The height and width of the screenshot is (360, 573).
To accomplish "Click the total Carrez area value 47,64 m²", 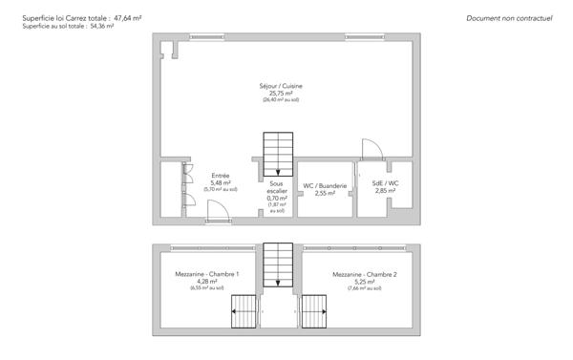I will coord(127,17).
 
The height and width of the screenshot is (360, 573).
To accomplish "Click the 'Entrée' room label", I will coord(220,176).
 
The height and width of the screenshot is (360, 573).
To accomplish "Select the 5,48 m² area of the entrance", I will coord(220,182).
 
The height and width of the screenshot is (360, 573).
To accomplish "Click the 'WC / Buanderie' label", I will coord(325,185).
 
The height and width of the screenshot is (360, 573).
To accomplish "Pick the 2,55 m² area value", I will coord(325,193).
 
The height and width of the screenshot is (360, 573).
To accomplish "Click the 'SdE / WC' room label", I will coord(385,183).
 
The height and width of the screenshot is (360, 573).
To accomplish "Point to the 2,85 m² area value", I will coord(385,191).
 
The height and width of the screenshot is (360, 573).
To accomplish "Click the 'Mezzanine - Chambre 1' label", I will coord(206,274).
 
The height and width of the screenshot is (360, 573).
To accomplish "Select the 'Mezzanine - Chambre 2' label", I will coord(365,274).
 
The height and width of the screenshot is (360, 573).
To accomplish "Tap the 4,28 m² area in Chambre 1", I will coord(206,281).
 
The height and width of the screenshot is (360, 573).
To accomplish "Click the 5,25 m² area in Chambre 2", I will coord(365,281).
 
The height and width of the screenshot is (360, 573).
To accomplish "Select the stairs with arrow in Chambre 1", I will coord(245,310).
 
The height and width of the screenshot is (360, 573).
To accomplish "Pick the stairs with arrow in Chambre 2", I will coord(313,310).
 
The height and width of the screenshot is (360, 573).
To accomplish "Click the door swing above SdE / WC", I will coord(371,149).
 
